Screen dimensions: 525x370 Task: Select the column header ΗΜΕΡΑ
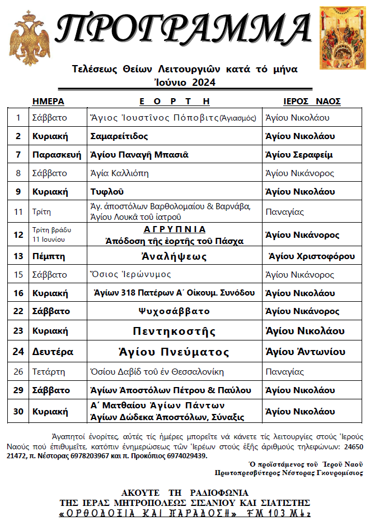coord(48,102)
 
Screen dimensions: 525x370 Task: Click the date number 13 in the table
coord(18,256)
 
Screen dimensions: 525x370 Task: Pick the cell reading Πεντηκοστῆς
coord(174,331)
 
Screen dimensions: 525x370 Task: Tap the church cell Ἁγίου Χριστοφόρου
coord(312,256)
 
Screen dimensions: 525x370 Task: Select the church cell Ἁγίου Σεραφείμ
coord(299,154)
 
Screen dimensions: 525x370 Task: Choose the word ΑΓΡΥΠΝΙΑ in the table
coord(174,229)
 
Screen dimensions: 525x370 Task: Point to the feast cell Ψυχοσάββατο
coord(174,311)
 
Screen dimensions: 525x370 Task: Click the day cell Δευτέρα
coord(51,352)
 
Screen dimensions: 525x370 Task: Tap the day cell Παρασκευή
coord(57,154)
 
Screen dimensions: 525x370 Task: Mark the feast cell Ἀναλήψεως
coord(174,256)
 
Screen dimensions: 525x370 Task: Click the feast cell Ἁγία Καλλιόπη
coord(119,173)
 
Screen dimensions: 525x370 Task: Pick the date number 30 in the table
coord(18,411)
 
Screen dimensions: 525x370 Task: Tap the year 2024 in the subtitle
coord(204,82)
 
